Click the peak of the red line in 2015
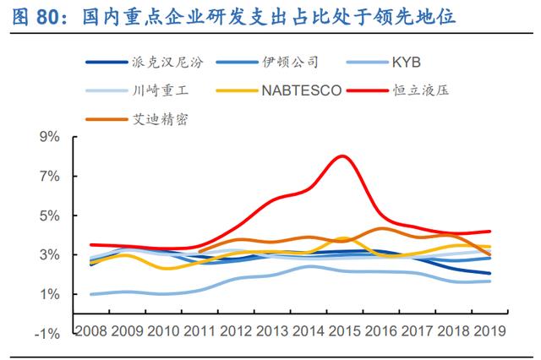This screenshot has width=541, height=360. pyautogui.click(x=342, y=156)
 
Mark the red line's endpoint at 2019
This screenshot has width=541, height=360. pyautogui.click(x=490, y=231)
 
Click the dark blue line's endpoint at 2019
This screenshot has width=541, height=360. pyautogui.click(x=490, y=273)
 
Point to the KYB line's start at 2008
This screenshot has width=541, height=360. pyautogui.click(x=91, y=294)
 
